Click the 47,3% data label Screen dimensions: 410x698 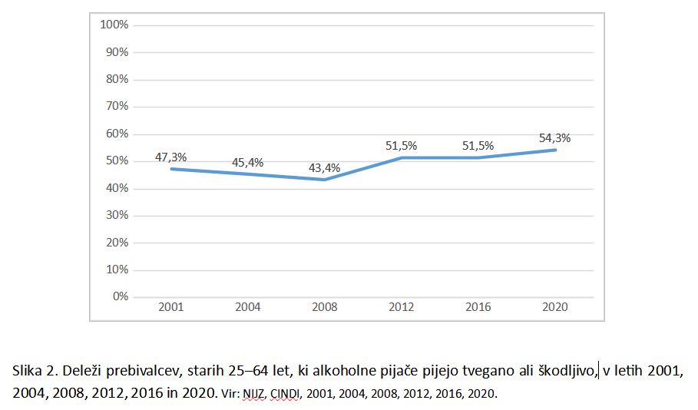pos(171,157)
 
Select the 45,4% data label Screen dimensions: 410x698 pos(248,162)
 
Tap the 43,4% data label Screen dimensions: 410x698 pos(325,167)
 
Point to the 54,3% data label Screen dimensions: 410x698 pos(555,138)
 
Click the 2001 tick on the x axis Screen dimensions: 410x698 pos(171,307)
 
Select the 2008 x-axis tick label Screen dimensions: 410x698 pos(325,307)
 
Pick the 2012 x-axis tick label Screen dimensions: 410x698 pos(402,307)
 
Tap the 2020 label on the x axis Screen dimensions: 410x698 pos(555,307)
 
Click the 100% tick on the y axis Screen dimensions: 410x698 pos(114,25)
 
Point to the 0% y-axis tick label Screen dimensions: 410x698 pos(120,296)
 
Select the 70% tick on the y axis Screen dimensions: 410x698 pos(117,107)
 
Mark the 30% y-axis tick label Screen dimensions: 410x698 pos(117,215)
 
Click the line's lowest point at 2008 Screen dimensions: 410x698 pos(325,180)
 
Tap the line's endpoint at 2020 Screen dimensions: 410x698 pos(555,150)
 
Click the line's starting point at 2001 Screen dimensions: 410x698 pos(171,169)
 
